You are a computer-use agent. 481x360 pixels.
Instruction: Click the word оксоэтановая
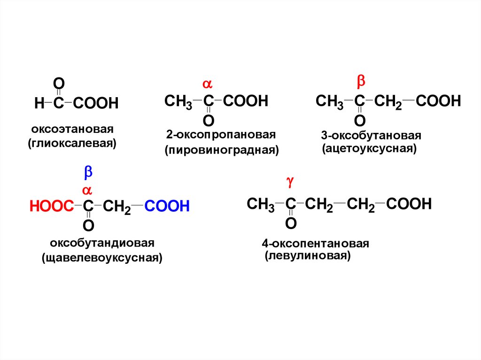(73, 129)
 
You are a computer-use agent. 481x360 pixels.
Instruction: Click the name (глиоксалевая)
(72, 142)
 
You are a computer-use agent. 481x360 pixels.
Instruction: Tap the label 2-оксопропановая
(220, 135)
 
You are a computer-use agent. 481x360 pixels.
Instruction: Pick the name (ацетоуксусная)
(370, 149)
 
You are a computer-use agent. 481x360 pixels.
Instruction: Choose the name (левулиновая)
(307, 256)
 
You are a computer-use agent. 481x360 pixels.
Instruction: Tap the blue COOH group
(167, 207)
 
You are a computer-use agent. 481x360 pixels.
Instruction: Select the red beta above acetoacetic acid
(361, 81)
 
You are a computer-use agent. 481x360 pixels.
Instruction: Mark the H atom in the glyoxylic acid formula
(39, 103)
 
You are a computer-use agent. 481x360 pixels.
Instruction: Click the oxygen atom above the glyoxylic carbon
(58, 84)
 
